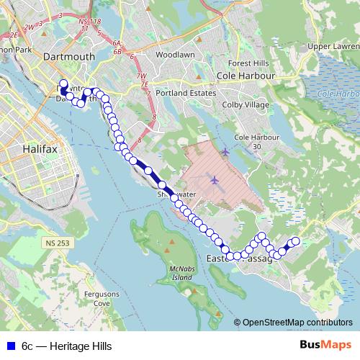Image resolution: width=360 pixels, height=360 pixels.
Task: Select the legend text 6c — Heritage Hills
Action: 66,346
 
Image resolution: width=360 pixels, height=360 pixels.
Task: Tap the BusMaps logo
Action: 323,346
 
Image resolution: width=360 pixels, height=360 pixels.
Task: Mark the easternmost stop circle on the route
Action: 294,241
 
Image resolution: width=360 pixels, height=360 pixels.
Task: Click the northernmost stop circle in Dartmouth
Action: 63,84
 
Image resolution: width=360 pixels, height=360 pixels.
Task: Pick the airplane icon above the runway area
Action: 225,152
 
